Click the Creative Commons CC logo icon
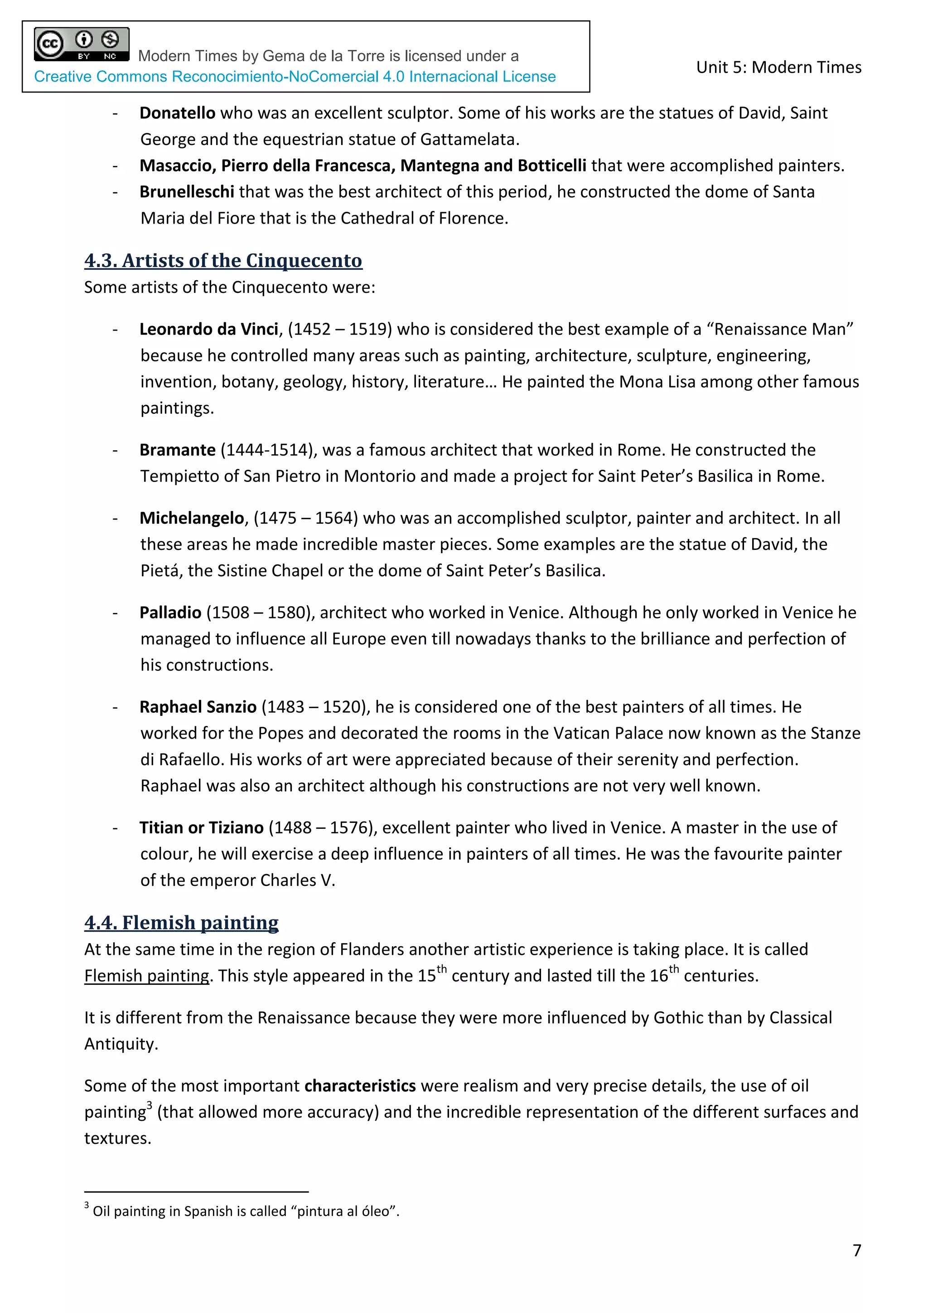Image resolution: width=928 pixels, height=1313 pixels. (50, 44)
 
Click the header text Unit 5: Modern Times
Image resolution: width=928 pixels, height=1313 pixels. (778, 68)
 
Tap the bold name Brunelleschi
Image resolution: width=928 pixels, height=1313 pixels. (186, 192)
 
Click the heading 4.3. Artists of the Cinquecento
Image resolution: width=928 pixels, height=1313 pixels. (223, 260)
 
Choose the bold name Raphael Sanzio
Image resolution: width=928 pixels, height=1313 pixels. (198, 707)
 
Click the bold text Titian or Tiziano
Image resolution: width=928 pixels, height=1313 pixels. (201, 827)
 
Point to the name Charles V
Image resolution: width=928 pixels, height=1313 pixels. (297, 880)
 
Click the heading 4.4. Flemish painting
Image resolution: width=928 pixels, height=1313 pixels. (181, 923)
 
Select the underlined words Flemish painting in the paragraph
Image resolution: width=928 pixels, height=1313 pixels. (147, 976)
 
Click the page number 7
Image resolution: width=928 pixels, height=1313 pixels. (856, 1251)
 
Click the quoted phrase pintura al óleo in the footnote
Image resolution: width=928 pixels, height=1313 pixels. (346, 1211)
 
